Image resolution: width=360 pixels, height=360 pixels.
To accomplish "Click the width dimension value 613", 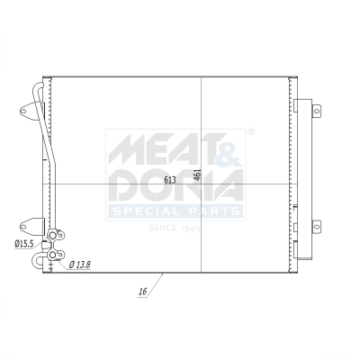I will pos(170,179).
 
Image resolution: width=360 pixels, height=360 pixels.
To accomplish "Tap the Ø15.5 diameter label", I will pos(24,243).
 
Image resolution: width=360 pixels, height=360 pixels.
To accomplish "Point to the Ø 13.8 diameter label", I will pos(81,264).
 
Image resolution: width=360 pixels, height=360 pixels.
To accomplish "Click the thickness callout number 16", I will pos(142,292).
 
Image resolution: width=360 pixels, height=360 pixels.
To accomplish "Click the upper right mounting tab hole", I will pos(316,110).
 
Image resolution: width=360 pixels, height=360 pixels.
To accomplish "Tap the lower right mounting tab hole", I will pos(316,226).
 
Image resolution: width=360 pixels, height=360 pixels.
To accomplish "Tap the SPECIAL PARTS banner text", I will pos(175,211).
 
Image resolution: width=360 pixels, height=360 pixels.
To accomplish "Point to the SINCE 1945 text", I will pos(175,228).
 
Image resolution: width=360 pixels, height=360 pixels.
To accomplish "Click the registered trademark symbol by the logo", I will pos(251,132).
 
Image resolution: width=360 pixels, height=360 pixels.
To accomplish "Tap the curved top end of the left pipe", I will pos(38,86).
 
